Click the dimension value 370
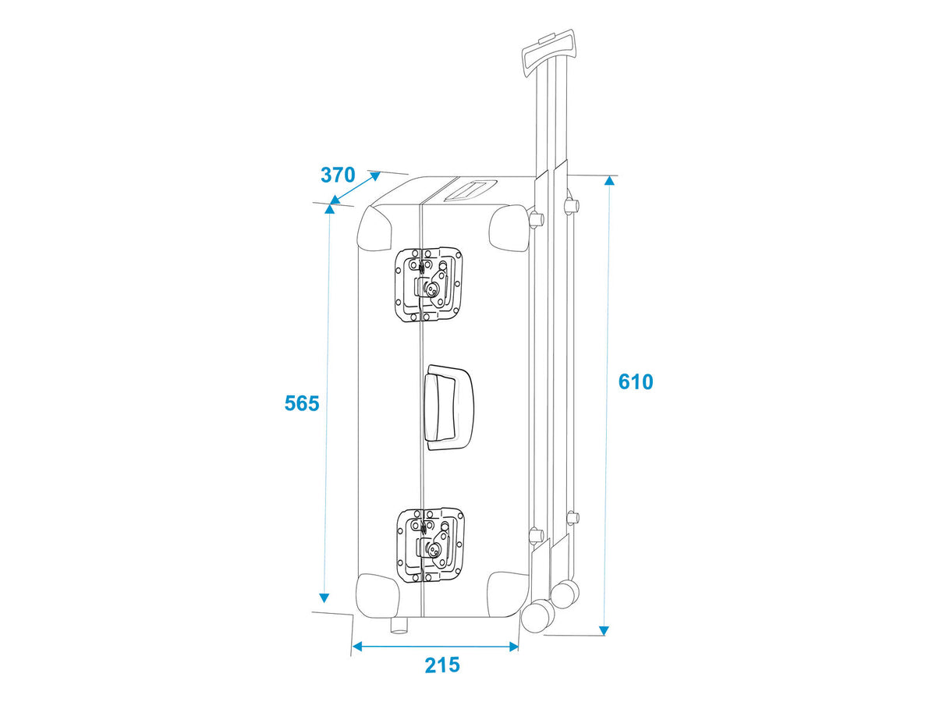[x=338, y=175]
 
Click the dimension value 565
[x=302, y=403]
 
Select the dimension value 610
[x=636, y=382]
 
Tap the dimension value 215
[x=442, y=665]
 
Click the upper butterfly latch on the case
[x=428, y=285]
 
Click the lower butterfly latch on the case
[x=430, y=545]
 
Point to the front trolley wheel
[x=537, y=616]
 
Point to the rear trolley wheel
[x=565, y=594]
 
